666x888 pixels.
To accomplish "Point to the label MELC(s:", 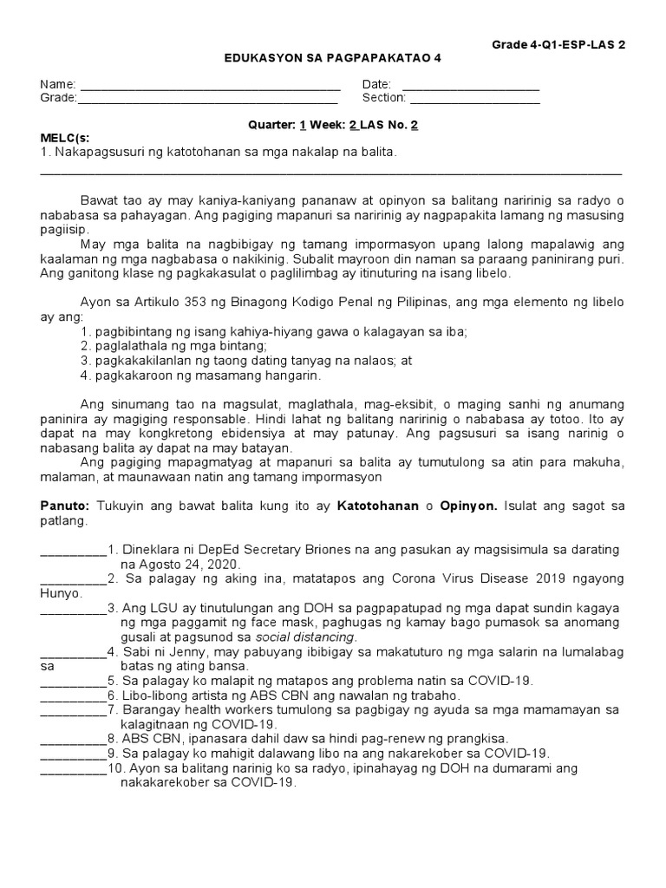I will (x=65, y=138).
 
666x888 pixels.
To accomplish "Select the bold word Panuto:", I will (x=68, y=506).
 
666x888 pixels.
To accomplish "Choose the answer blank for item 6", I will (x=73, y=697).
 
